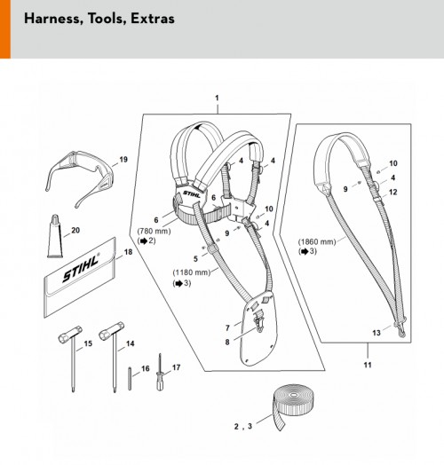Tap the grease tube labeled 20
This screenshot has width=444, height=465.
tap(55, 236)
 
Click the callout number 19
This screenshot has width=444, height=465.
tap(123, 160)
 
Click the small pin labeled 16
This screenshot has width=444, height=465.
tap(130, 378)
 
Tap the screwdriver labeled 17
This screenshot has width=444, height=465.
tap(160, 372)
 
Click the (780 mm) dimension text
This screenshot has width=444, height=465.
tap(154, 231)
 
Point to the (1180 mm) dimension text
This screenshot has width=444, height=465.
tap(192, 272)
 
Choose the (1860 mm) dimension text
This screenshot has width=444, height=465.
tap(317, 241)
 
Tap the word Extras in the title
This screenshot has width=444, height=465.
tap(153, 19)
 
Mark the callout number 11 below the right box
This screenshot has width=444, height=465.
tap(368, 365)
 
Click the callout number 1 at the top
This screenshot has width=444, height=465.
tap(217, 98)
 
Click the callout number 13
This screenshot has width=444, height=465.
tap(377, 333)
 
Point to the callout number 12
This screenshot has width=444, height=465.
tap(392, 193)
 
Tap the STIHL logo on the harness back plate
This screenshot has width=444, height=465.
tap(192, 194)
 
